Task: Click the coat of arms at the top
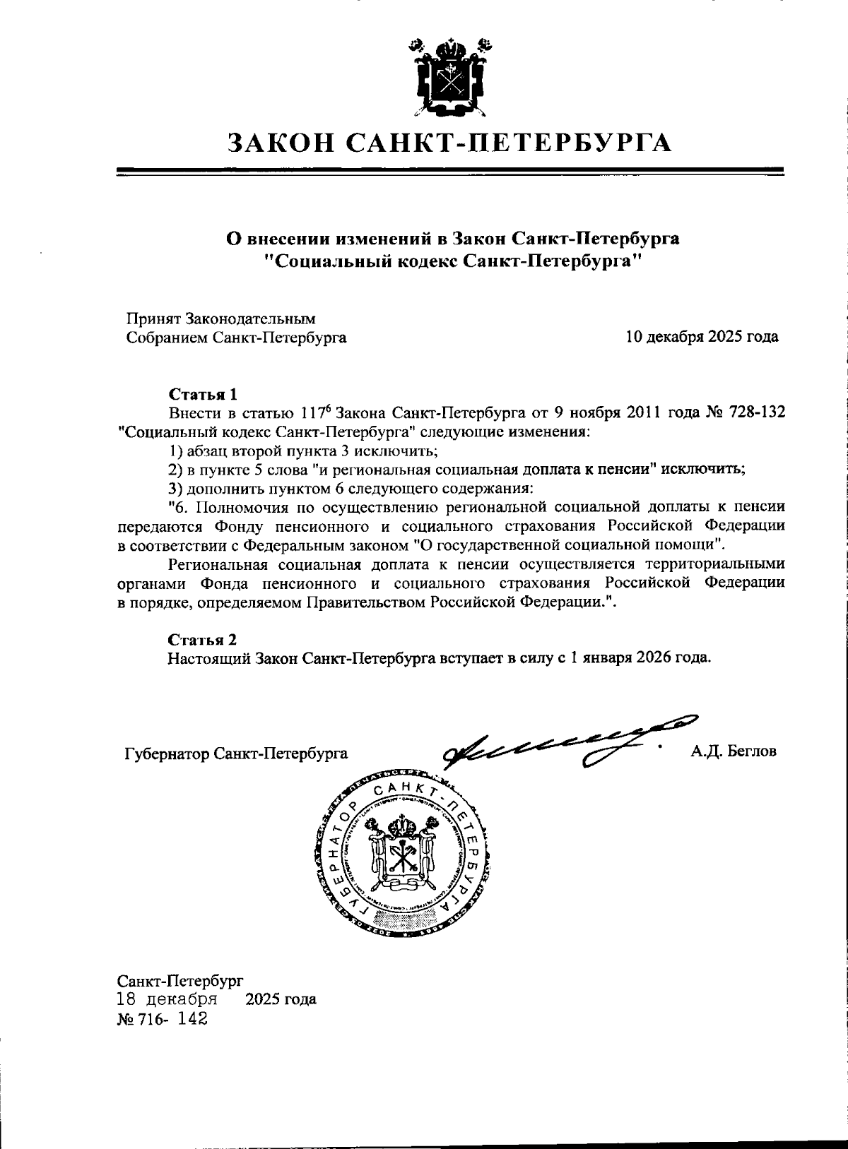point(449,78)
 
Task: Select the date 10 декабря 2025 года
point(702,337)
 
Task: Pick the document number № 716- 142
point(163,1020)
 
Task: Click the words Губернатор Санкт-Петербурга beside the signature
point(235,754)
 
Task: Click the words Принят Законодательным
point(220,319)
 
